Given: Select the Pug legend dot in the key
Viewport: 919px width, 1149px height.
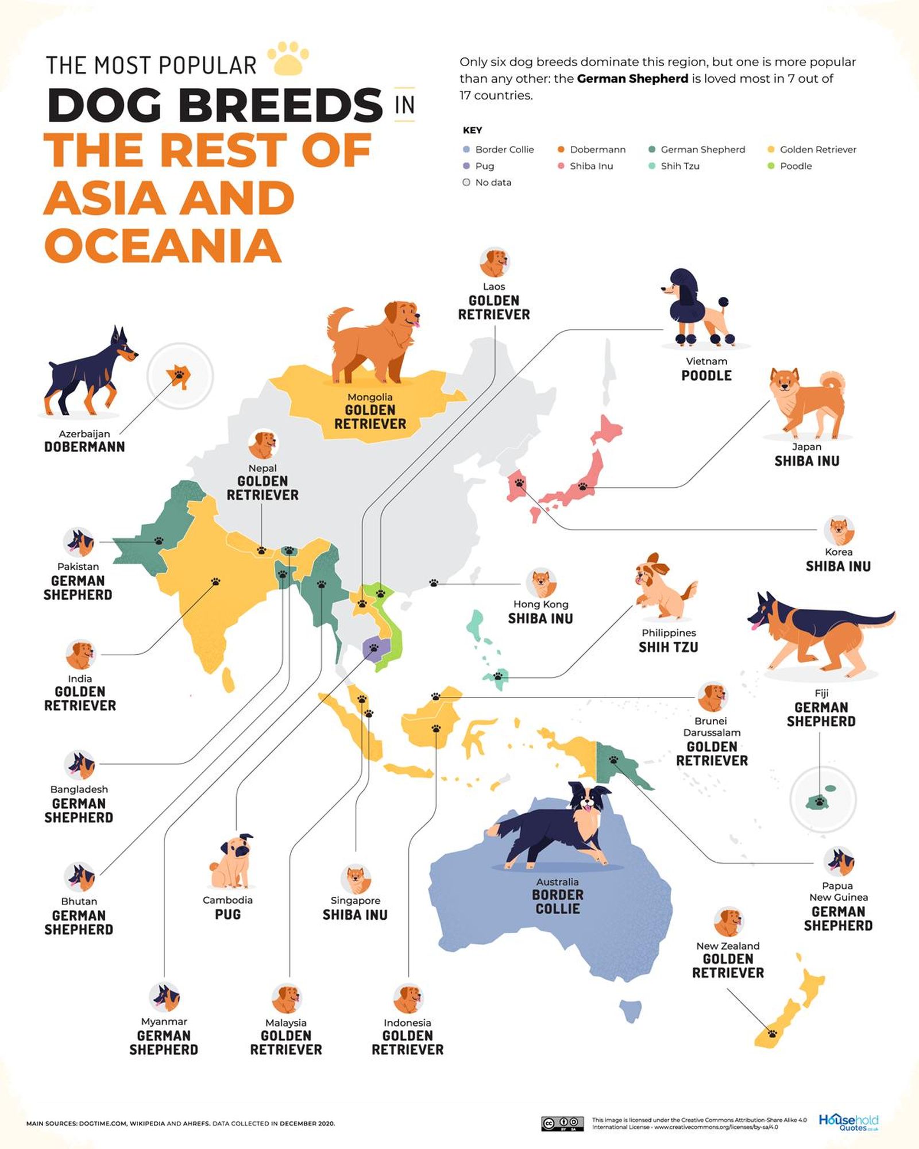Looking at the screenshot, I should (466, 166).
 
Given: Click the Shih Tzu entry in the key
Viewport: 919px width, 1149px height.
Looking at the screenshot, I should (679, 166).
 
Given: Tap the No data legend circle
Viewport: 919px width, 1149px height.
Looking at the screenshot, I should (466, 183).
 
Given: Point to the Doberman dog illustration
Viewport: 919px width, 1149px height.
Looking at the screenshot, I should (89, 372).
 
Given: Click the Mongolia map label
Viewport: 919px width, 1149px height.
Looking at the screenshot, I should (370, 398).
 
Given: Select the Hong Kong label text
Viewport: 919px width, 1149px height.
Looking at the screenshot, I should (540, 604).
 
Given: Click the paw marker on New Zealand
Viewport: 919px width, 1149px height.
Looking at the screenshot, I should (772, 1034).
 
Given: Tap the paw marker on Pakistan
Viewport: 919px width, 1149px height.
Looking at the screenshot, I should (159, 541).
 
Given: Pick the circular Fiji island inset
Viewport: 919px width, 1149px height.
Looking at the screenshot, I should (823, 800).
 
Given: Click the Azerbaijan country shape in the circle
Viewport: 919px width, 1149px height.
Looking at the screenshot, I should (179, 376).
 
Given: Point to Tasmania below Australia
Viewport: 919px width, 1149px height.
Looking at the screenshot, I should (631, 1010).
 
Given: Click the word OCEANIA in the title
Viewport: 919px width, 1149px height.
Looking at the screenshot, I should (163, 246).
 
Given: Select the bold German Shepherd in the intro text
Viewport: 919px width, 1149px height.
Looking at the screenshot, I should (632, 79).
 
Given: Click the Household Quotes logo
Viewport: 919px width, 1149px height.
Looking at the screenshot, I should (848, 1121).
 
